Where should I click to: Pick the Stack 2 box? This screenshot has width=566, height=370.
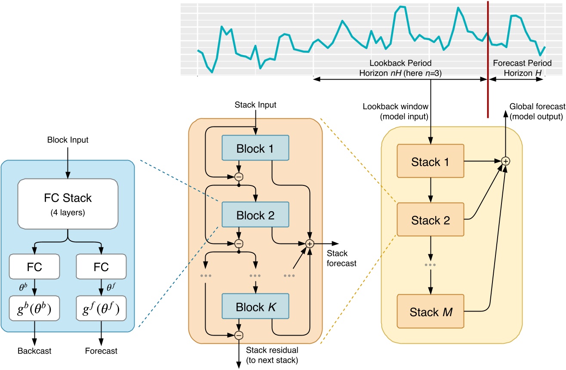click(x=431, y=220)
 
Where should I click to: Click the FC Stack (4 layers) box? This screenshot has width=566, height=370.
click(x=68, y=203)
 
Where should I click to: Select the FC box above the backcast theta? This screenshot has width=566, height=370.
click(x=35, y=266)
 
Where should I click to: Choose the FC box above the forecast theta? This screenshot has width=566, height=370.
click(x=101, y=266)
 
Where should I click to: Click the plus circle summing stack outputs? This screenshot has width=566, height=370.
click(x=506, y=161)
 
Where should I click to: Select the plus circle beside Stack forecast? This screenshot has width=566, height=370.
click(x=309, y=244)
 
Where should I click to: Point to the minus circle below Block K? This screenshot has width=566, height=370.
click(x=239, y=334)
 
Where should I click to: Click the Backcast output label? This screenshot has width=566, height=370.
click(x=35, y=351)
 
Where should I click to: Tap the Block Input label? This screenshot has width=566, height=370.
click(x=68, y=140)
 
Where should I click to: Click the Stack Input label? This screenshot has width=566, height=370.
click(x=255, y=105)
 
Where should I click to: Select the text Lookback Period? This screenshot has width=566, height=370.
click(x=400, y=63)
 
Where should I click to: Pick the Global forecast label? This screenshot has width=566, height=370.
click(x=537, y=111)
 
